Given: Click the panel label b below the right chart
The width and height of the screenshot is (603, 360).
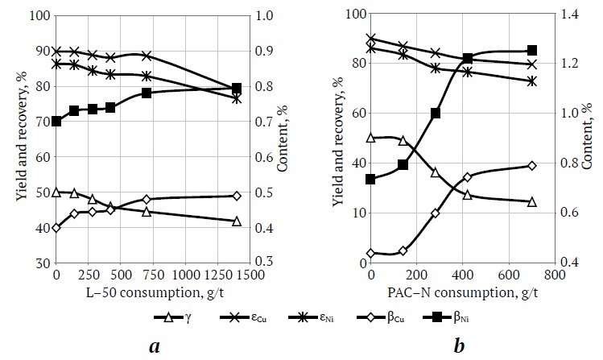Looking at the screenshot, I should pos(459,347).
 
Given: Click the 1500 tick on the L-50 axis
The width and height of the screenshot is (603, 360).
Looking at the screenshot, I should pos(250,275).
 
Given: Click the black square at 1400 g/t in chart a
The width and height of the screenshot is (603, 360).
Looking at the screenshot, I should pos(237,88).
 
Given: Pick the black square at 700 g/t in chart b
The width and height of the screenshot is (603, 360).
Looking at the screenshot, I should pos(532,51).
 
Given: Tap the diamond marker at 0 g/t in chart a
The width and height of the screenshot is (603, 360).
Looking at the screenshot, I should pos(56,228).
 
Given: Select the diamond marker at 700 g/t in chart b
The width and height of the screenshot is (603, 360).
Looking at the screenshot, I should pos(532,166).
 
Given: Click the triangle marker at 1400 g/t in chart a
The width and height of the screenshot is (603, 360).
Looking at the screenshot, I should pos(237,221).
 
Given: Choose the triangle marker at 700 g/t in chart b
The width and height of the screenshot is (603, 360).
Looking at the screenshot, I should pos(532,201).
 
